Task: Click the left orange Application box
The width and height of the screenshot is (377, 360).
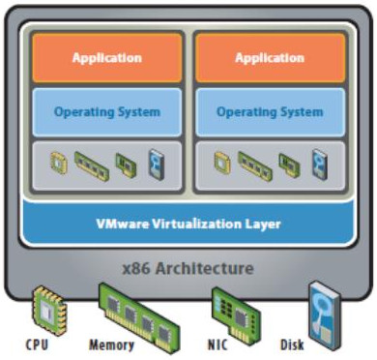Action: (106, 57)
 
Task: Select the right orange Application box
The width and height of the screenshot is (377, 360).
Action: (270, 57)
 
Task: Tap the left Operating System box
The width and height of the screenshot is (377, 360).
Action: (106, 112)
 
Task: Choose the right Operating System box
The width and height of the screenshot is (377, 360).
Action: (270, 112)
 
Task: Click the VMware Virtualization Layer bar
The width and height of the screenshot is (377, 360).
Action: (188, 224)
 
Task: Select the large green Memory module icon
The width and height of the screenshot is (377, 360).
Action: (133, 309)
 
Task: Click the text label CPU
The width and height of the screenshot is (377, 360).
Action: (39, 345)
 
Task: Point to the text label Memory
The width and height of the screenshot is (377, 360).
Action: (112, 345)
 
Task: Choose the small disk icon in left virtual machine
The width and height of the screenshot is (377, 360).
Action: (157, 165)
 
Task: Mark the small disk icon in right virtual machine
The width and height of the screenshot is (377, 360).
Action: (320, 165)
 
